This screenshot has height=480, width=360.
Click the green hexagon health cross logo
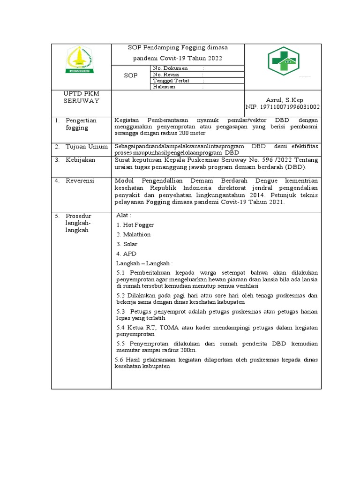(x=283, y=61)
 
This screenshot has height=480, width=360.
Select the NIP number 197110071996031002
(x=283, y=107)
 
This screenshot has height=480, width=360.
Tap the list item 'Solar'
(x=130, y=244)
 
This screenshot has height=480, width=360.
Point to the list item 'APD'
(x=129, y=254)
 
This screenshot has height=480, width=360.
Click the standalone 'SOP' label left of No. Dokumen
(x=130, y=75)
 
